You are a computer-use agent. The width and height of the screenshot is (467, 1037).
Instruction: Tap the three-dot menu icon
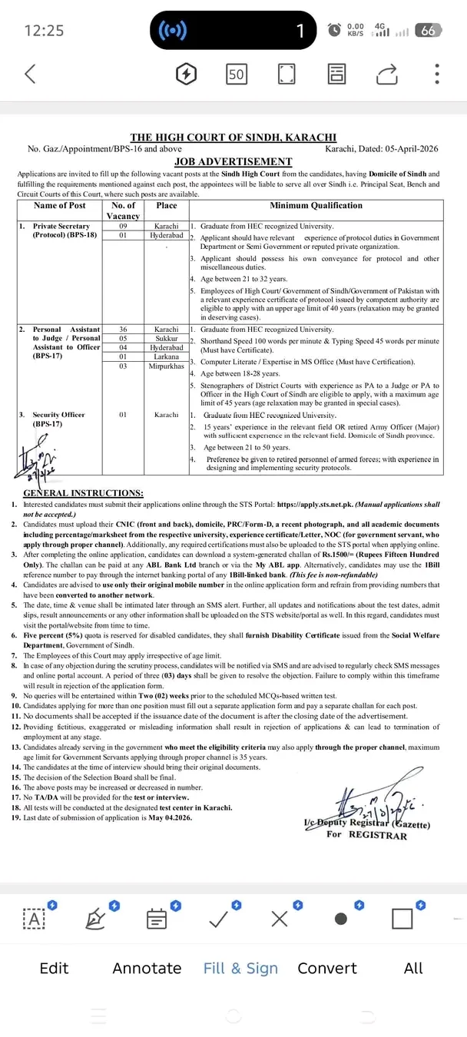click(x=437, y=74)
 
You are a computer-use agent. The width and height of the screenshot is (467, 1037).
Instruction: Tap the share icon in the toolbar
click(x=387, y=74)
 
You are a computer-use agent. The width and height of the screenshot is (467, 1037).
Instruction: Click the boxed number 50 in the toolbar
click(x=236, y=75)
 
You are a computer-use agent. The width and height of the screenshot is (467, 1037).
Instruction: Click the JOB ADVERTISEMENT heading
click(x=233, y=161)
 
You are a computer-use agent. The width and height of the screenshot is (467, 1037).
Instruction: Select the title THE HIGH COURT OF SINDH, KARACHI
click(x=233, y=137)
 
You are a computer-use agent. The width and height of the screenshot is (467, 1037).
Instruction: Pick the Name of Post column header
click(x=61, y=205)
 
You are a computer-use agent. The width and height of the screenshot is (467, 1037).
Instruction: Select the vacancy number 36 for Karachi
click(x=124, y=329)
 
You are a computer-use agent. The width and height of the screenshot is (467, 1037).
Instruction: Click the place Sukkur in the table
click(x=167, y=338)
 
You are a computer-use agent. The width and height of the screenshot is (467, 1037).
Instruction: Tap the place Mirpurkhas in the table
click(x=167, y=366)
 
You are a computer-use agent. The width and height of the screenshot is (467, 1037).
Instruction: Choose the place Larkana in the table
click(x=167, y=357)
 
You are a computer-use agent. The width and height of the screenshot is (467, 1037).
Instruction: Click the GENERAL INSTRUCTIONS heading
click(x=83, y=492)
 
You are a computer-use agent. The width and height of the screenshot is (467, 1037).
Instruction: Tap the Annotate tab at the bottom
click(x=147, y=968)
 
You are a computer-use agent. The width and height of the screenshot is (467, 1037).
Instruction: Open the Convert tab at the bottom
click(x=327, y=968)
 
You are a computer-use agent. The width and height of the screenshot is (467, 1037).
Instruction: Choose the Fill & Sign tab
click(x=240, y=968)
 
